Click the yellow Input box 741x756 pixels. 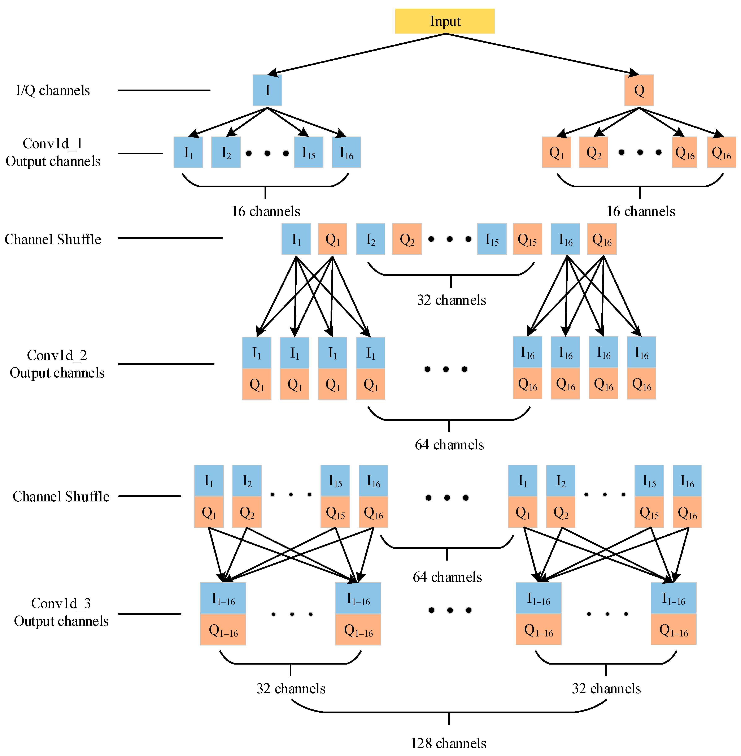(445, 21)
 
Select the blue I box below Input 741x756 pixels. (267, 90)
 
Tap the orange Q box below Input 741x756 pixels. (639, 90)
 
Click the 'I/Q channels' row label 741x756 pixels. (53, 90)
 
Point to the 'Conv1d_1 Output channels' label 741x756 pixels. (53, 152)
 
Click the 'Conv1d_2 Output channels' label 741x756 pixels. (57, 364)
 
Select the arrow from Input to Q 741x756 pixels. (542, 54)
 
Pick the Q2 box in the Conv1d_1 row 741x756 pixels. (593, 152)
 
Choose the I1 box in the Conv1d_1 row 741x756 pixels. (188, 152)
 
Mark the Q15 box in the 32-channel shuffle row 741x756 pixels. (527, 239)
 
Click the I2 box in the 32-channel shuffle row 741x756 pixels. (371, 239)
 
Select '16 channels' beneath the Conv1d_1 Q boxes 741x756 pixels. (641, 211)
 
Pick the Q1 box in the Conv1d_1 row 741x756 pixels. (557, 152)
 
